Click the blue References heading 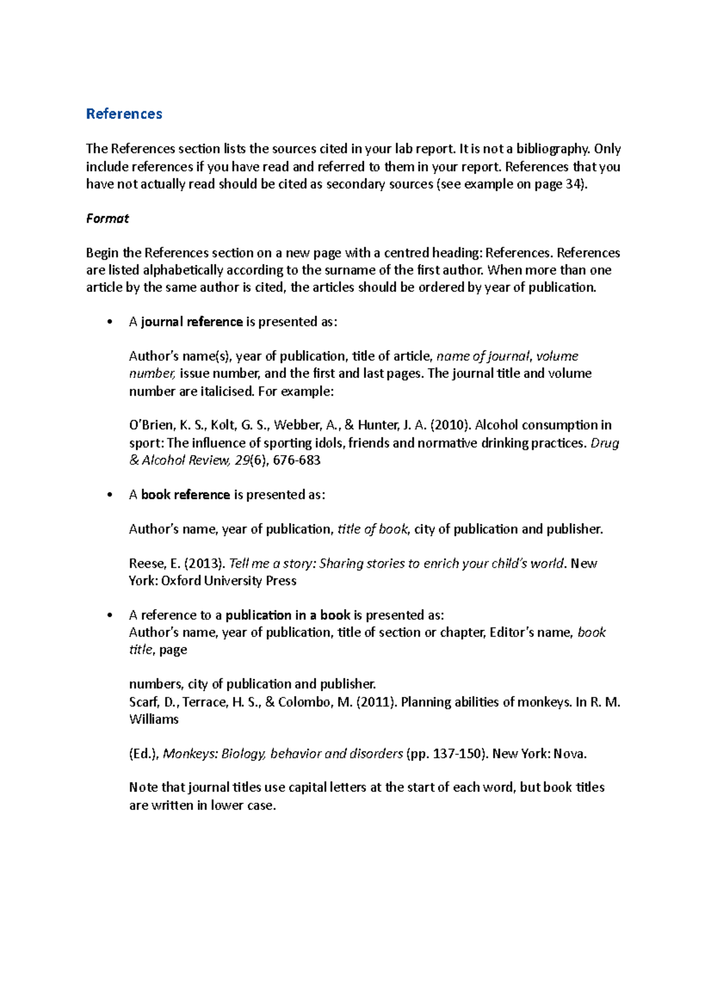(124, 114)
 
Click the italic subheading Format (107, 219)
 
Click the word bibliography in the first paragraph (552, 149)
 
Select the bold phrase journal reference (192, 322)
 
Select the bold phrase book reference (185, 495)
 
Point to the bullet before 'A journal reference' (109, 322)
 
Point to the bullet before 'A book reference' (109, 495)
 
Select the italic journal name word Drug (605, 443)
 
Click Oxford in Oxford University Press (181, 581)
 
